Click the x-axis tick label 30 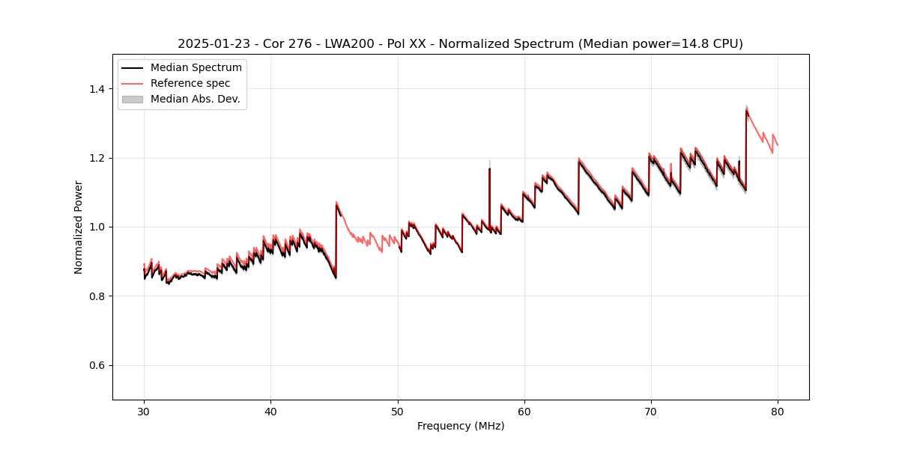144,411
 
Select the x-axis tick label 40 270,411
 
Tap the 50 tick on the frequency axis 397,411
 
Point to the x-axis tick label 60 524,411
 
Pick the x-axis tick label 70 650,411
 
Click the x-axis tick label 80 777,411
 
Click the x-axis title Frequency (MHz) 461,426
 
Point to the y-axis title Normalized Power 79,227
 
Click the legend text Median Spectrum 196,68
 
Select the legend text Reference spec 190,83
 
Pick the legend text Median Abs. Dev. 195,99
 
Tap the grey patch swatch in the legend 133,99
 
